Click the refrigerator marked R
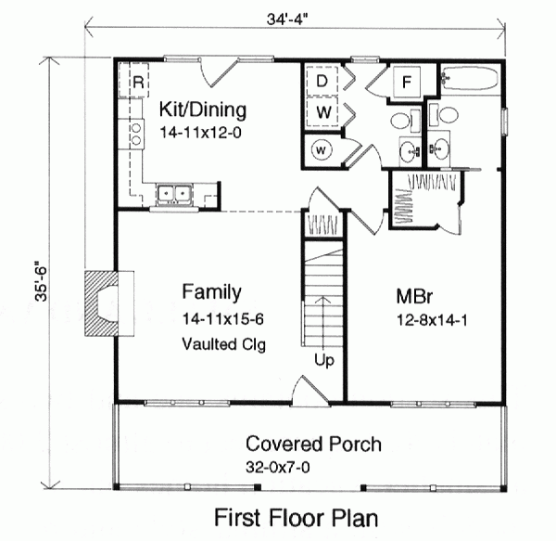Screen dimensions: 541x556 (136, 82)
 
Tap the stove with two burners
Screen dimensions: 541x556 (136, 135)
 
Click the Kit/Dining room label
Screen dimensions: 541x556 (203, 110)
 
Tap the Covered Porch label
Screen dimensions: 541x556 (312, 444)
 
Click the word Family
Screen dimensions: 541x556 (211, 293)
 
